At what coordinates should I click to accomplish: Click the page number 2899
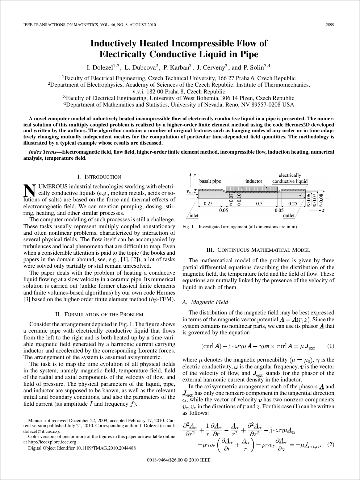[x=330, y=25]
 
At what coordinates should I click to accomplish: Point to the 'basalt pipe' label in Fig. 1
[x=210, y=181]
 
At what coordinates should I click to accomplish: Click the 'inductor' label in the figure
[x=254, y=181]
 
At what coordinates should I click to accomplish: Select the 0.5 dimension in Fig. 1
[x=259, y=204]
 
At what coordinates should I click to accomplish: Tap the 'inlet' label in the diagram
[x=194, y=216]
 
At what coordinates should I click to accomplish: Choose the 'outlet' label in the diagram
[x=289, y=216]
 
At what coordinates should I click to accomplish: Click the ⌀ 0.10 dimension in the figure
[x=239, y=199]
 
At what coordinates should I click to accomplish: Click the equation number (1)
[x=330, y=346]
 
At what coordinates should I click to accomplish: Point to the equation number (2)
[x=330, y=444]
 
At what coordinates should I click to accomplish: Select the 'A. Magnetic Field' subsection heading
[x=205, y=302]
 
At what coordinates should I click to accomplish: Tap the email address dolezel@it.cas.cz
[x=41, y=431]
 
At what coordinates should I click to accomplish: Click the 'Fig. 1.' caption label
[x=189, y=227]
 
